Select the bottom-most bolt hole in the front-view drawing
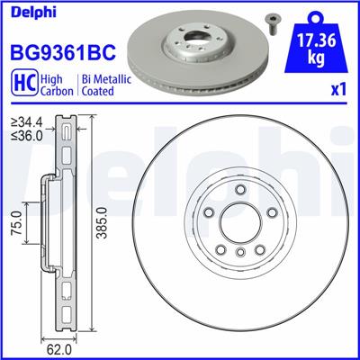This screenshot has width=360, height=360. (x=239, y=254)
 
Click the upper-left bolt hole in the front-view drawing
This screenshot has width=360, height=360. (x=210, y=212)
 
